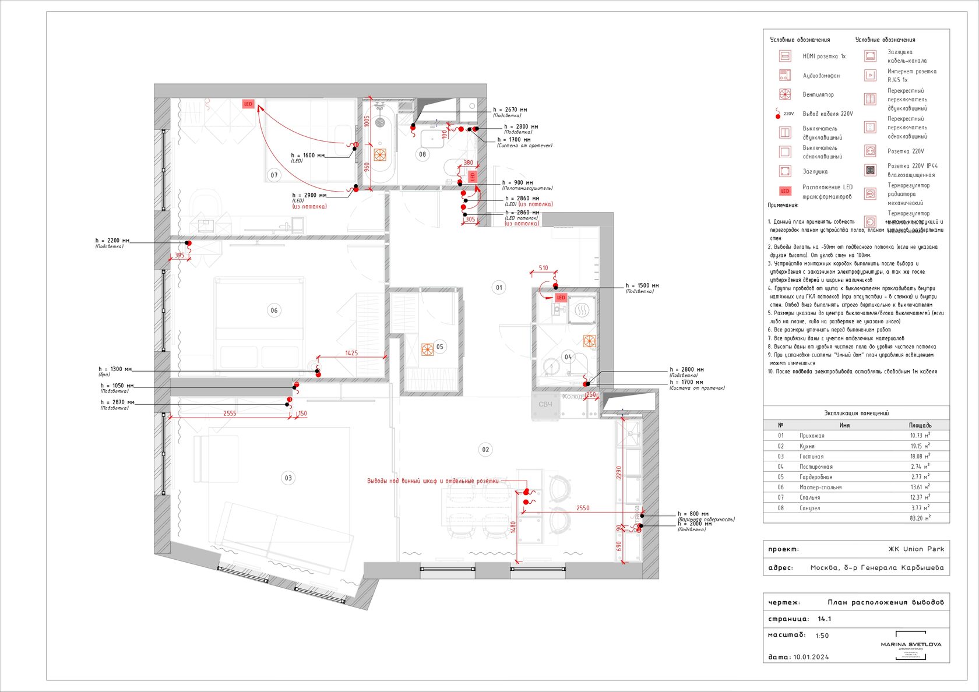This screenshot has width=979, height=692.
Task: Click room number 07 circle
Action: click(x=274, y=175)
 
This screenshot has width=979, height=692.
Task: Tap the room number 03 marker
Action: click(x=288, y=478)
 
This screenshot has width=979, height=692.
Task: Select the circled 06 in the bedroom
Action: click(x=274, y=310)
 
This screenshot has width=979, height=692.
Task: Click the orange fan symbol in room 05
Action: click(x=428, y=349)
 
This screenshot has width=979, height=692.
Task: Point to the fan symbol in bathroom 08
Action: click(x=380, y=155)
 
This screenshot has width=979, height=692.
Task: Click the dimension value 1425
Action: click(x=351, y=353)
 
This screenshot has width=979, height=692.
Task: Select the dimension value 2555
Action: click(x=230, y=414)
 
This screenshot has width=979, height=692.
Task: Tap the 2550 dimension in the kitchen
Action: click(x=583, y=508)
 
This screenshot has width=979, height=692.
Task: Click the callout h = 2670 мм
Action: click(x=510, y=110)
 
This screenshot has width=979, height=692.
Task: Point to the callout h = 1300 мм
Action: click(x=115, y=369)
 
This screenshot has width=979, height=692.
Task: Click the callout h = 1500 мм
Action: click(x=642, y=286)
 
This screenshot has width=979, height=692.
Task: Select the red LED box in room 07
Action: click(x=248, y=104)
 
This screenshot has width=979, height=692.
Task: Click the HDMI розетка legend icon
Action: click(x=785, y=56)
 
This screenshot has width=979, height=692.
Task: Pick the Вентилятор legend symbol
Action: click(x=785, y=94)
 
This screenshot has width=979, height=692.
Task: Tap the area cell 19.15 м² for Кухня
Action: click(x=920, y=446)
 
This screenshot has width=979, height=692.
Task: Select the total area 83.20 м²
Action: click(x=920, y=518)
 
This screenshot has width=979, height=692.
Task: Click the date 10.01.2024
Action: click(x=811, y=657)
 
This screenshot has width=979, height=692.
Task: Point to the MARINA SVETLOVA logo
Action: click(x=911, y=645)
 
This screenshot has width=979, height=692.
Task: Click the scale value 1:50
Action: click(x=822, y=636)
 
